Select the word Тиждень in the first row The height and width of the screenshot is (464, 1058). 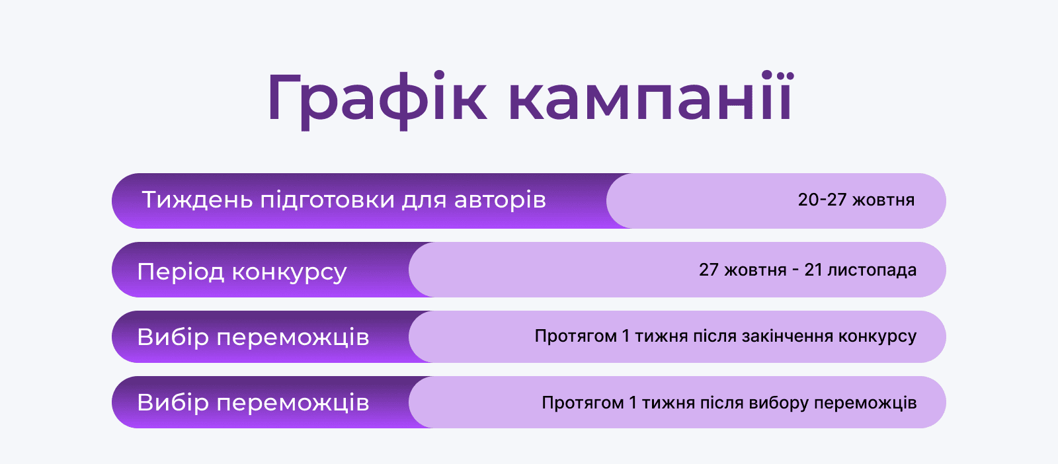[x=198, y=200]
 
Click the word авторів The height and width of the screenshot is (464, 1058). [x=500, y=200]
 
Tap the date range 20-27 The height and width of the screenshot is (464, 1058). [x=822, y=200]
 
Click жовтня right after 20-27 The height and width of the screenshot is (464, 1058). [x=883, y=200]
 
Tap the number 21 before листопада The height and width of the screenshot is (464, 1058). [x=813, y=270]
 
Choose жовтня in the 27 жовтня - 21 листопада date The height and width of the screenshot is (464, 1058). [x=755, y=270]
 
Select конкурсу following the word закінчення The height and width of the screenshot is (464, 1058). [x=877, y=336]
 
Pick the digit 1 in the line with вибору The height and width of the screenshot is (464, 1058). [x=633, y=403]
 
